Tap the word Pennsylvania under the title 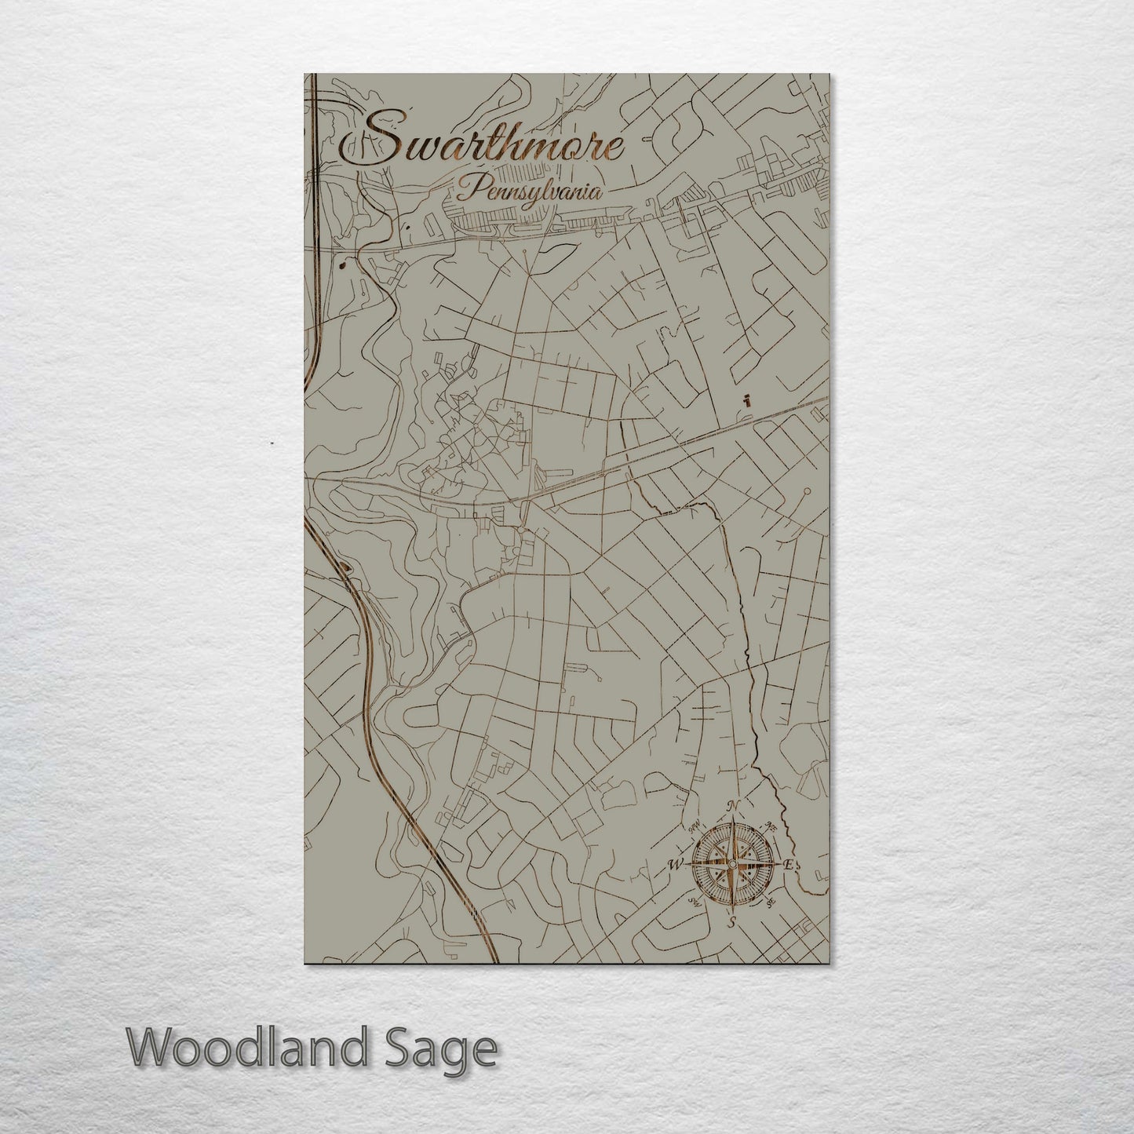coord(531,189)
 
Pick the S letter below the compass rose coord(731,921)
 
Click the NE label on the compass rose coord(771,826)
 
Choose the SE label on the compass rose coord(771,902)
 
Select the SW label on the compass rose coord(694,902)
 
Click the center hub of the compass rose coord(731,864)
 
